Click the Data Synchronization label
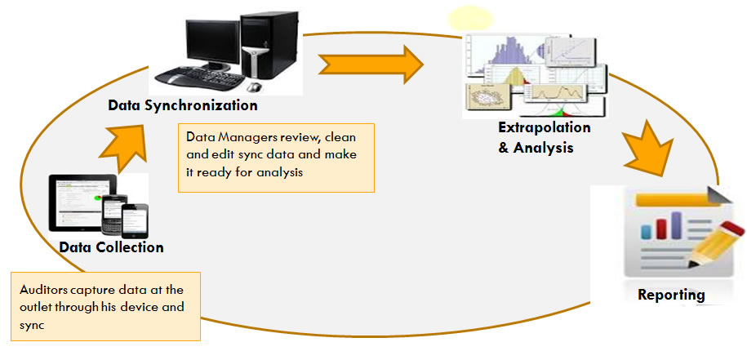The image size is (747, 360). tap(183, 106)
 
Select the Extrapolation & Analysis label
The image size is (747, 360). tap(544, 138)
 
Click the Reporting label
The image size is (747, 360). tap(672, 295)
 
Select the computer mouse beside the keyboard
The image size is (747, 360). tap(255, 87)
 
